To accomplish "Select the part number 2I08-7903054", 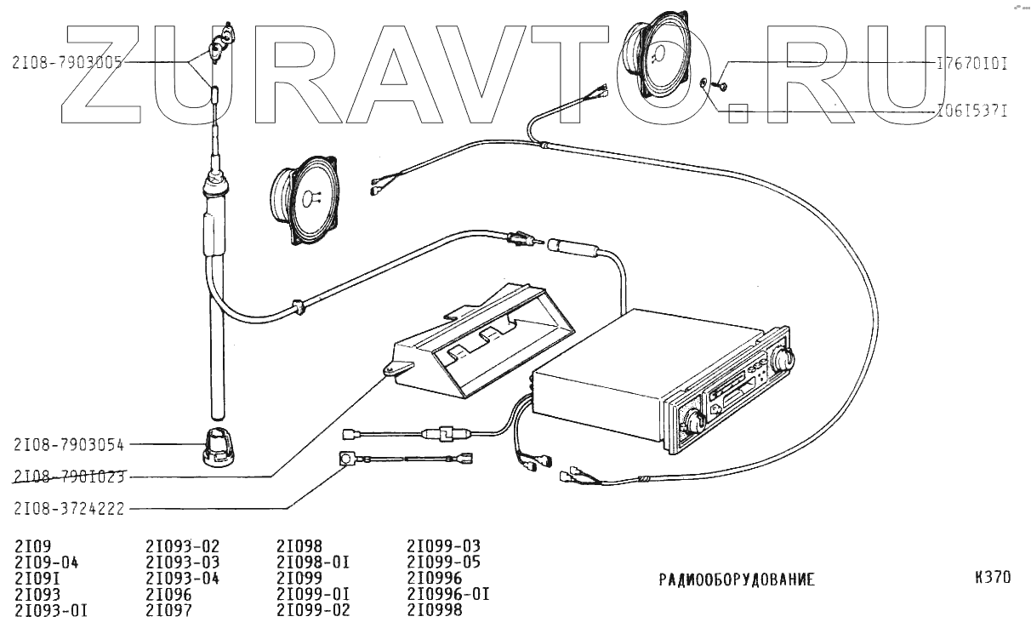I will tap(70, 444).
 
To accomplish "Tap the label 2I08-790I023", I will tap(70, 477).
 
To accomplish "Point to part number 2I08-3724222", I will tap(70, 509).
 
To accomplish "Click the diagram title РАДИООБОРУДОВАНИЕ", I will tap(737, 580).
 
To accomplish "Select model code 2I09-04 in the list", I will tap(47, 562).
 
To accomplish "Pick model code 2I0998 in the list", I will tap(435, 610).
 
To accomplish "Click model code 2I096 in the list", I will tap(168, 594).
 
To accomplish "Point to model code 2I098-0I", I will tap(313, 562).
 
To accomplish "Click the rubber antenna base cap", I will tap(218, 448).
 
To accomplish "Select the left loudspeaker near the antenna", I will tap(304, 199).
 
